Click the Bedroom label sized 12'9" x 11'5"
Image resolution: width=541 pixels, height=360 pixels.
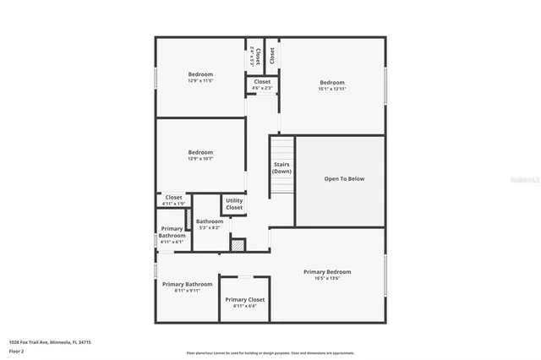pos(200,74)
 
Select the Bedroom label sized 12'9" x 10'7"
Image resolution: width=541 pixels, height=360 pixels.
pos(200,152)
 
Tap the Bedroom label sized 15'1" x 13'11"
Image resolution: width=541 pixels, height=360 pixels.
pos(331,83)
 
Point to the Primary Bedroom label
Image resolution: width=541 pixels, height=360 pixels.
pos(327,271)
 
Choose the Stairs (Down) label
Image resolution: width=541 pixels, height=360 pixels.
pos(281,167)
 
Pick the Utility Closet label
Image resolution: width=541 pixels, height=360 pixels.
pos(234,204)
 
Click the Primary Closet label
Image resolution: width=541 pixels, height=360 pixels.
pos(244,299)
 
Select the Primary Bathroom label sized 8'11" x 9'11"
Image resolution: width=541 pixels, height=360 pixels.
pos(187,284)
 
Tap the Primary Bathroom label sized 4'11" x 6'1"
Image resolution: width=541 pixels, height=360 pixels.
pos(171,232)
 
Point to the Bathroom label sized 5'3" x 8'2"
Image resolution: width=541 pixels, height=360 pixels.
pos(210,221)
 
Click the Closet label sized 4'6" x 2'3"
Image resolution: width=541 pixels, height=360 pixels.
pos(262,82)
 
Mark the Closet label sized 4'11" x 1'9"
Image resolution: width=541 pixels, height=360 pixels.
pos(173,198)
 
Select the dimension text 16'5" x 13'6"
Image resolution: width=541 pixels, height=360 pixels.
pos(327,277)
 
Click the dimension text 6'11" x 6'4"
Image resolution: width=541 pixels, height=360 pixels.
pos(244,306)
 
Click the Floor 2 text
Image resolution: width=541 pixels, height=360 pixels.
pos(16,350)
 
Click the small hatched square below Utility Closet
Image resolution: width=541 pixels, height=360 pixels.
pos(238,245)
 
